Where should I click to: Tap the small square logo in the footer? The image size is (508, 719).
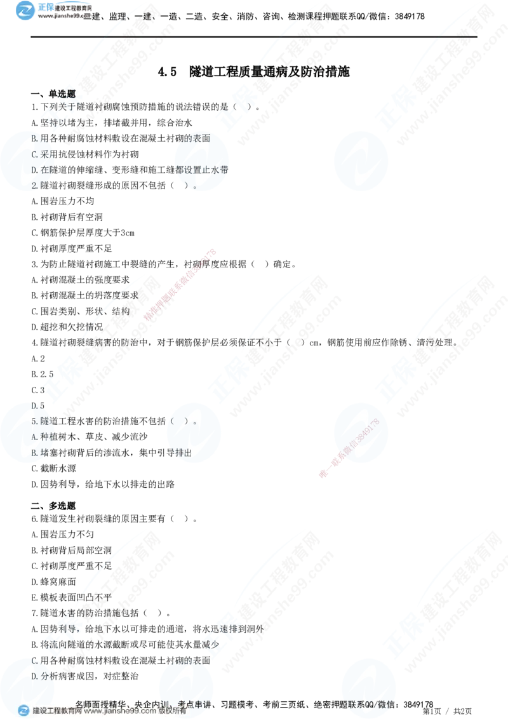coord(23,710)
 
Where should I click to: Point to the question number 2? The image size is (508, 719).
coord(35,185)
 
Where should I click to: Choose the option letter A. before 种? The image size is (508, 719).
coord(35,437)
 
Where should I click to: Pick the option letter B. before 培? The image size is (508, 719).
coord(35,453)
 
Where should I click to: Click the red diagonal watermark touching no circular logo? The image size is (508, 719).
coord(180,285)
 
